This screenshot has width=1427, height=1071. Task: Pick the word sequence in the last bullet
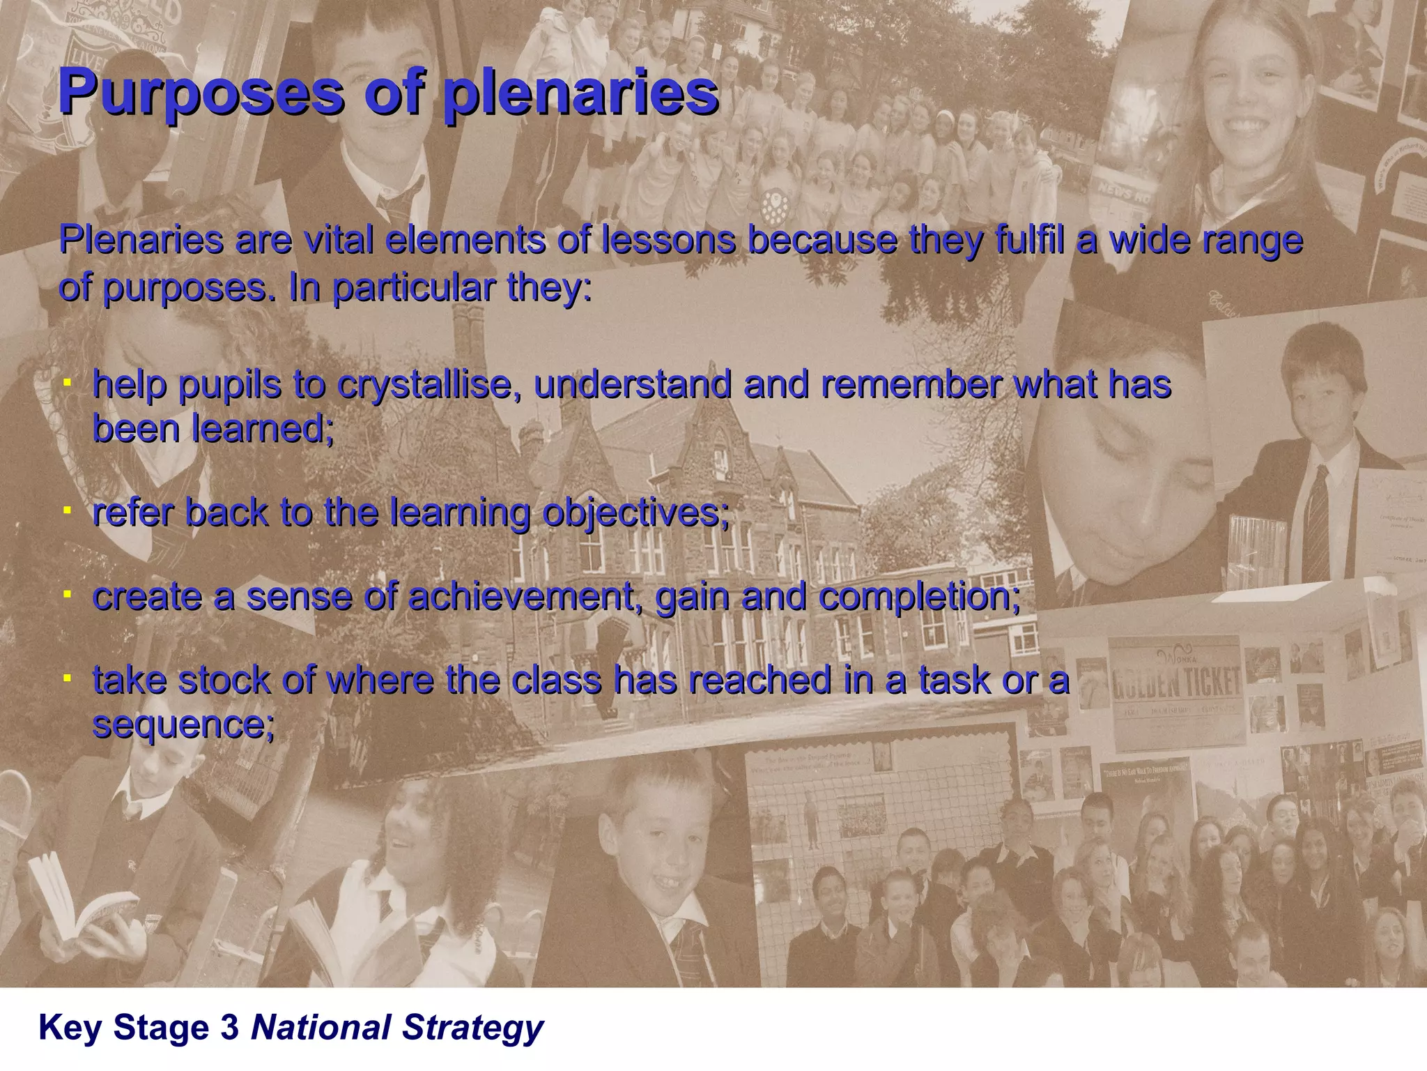[x=183, y=725]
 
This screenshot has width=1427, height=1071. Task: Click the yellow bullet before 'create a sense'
[x=67, y=595]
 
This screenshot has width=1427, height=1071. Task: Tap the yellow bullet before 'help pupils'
[x=67, y=383]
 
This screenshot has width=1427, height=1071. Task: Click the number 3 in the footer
[x=229, y=1028]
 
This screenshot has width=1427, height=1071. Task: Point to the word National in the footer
[x=321, y=1028]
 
